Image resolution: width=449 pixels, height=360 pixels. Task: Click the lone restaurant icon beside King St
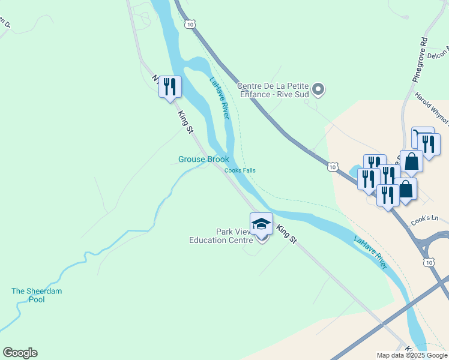pos(169,87)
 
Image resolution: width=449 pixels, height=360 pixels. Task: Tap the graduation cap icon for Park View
pos(261,224)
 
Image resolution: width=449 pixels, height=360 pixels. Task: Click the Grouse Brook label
pos(203,160)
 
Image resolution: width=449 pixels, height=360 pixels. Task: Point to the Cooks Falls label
pos(240,170)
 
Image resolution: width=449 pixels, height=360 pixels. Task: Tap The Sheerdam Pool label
pos(37,295)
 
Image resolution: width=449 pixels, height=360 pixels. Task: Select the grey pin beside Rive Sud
pos(319,90)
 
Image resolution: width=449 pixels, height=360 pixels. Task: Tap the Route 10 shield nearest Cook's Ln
pos(428,262)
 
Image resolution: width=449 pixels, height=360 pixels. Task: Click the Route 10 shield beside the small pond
pos(332,167)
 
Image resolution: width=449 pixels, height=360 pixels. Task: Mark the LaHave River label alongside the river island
pos(220,97)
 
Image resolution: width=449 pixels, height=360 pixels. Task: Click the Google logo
pos(20,353)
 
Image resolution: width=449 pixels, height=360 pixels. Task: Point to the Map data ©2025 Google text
pos(411,355)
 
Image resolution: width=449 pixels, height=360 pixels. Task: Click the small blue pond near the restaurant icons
pos(354,168)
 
